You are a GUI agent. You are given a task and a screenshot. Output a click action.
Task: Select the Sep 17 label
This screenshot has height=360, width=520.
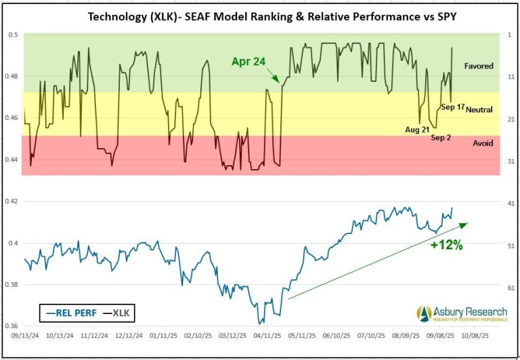click(451, 107)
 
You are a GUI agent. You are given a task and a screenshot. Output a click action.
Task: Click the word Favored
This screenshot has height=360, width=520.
click(479, 66)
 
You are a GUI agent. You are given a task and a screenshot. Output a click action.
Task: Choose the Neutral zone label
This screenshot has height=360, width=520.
click(479, 109)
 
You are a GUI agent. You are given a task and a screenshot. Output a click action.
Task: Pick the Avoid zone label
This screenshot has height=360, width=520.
click(482, 143)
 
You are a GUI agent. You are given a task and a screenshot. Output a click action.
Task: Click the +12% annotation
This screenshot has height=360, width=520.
click(446, 246)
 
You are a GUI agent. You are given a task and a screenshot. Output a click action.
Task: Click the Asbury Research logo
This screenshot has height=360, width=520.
click(460, 313)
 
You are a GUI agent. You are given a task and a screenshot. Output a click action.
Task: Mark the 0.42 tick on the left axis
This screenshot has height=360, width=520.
click(13, 201)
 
